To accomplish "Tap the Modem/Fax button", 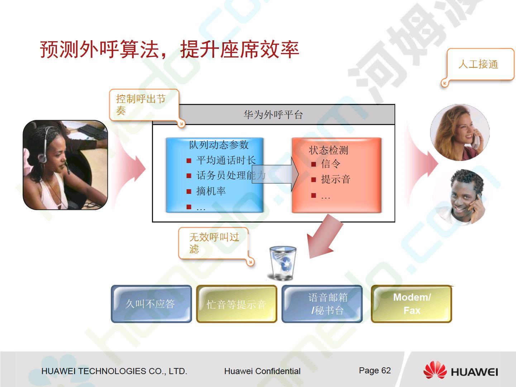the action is coord(411,304).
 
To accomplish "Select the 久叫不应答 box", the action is coord(151,304).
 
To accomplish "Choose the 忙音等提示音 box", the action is coord(236,304).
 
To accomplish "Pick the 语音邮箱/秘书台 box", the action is coord(322,304).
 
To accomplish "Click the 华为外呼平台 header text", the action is coord(273,115).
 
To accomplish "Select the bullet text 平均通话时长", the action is coord(226,160).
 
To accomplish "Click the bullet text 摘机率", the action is coord(211,191).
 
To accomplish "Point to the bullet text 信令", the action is coord(330,163).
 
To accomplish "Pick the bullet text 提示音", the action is coord(336,179).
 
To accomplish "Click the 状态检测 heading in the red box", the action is coord(328,150).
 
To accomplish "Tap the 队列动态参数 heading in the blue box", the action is coord(219,144).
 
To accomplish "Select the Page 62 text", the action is coord(375,371).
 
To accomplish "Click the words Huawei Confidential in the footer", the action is coord(262,371).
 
